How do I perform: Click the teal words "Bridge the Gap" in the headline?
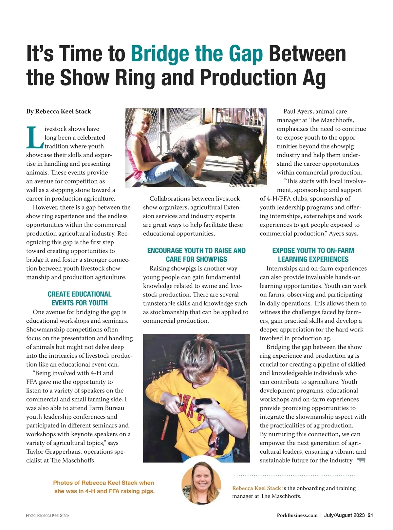[197, 54]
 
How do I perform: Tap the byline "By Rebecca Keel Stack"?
[59, 111]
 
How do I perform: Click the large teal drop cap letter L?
[34, 137]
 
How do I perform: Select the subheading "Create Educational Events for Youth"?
[80, 298]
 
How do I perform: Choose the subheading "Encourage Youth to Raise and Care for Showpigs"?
[196, 255]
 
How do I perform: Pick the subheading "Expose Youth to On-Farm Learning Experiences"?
[313, 255]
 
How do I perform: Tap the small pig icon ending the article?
[361, 460]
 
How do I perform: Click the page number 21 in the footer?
[370, 515]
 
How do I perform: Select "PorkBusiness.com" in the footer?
[297, 515]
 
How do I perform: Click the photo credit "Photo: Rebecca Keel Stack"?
[48, 515]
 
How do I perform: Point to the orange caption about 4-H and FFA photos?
[103, 487]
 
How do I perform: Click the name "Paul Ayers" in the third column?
[298, 111]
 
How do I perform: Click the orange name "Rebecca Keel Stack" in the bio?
[256, 488]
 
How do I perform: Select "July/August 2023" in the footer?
[344, 515]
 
